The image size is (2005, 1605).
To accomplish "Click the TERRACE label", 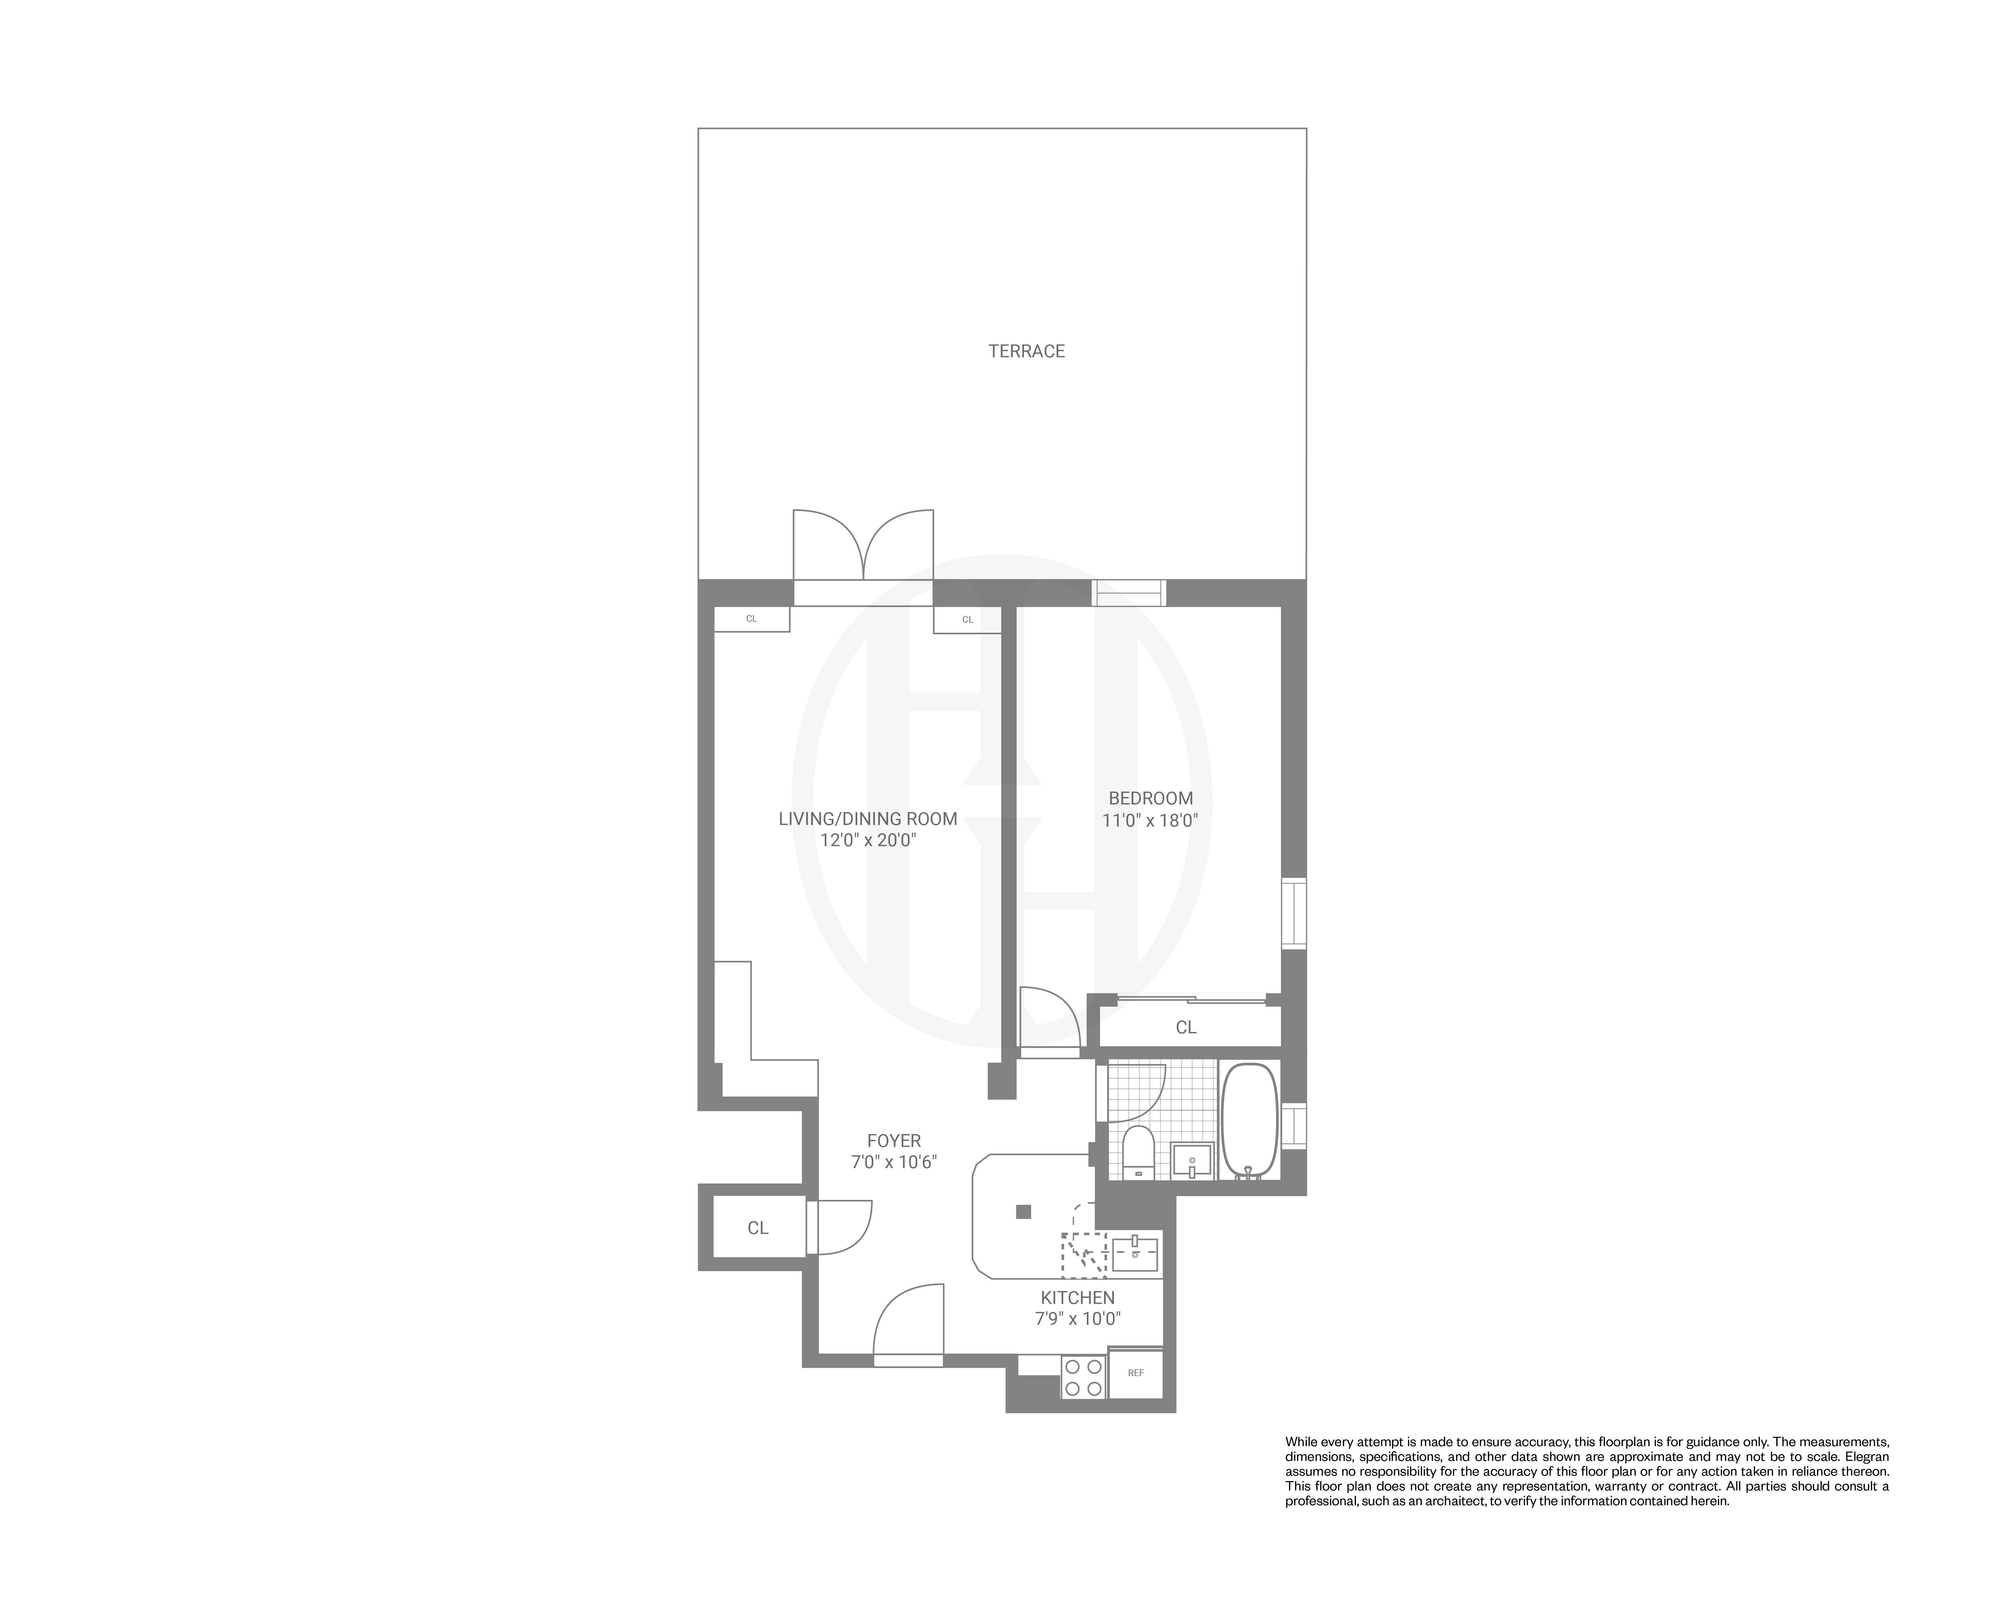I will tap(1026, 351).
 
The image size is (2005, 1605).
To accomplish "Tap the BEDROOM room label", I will tap(1150, 797).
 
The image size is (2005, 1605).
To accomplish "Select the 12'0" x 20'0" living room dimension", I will tap(868, 840).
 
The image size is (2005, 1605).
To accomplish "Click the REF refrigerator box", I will tap(1136, 1373).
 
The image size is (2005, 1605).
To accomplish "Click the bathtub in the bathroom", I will tap(1249, 1121).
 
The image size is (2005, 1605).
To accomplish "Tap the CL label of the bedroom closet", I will tap(1186, 1027).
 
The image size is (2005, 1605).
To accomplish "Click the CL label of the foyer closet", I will tap(758, 1228).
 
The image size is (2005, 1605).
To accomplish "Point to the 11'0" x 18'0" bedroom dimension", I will tap(1150, 821).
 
